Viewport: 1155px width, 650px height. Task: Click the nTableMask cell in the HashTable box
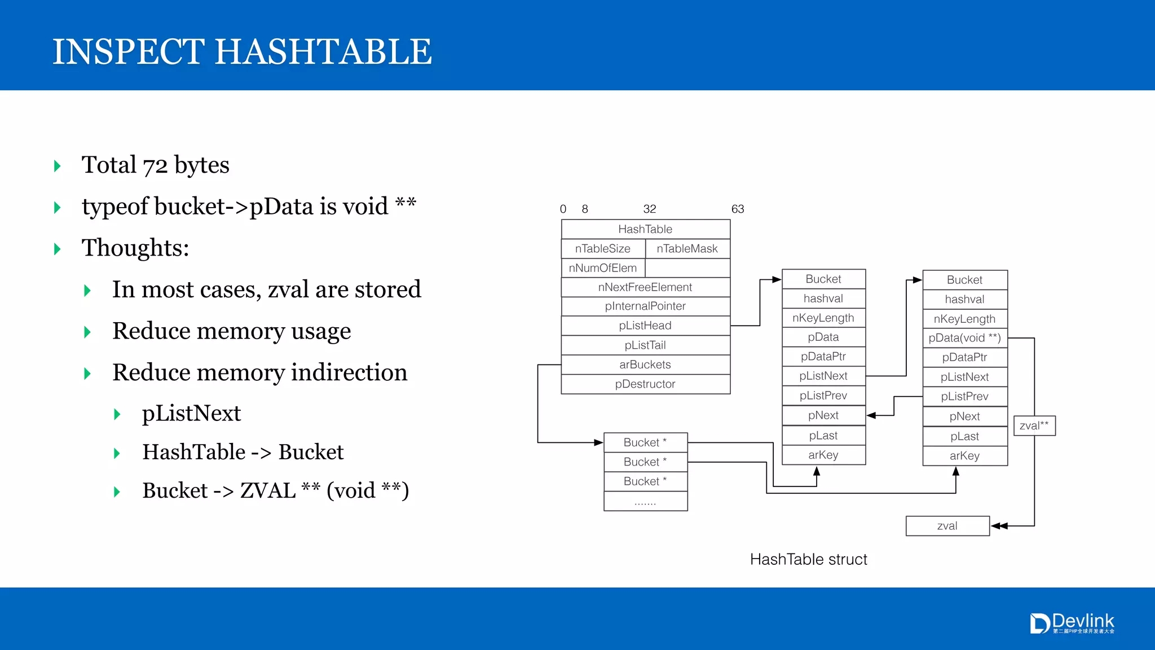(687, 249)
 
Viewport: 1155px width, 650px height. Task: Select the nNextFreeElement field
(645, 287)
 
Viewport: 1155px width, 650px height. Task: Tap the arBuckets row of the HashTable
(645, 364)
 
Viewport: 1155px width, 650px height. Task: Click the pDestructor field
(645, 384)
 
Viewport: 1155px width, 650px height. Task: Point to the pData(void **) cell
(964, 338)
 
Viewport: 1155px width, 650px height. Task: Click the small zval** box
(1034, 426)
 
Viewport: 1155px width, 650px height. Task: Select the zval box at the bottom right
(947, 526)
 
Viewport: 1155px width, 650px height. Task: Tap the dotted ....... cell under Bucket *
(645, 502)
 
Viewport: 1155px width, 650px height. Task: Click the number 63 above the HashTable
(738, 209)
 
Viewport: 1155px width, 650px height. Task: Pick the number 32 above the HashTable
(650, 209)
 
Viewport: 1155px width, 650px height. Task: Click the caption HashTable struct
(808, 559)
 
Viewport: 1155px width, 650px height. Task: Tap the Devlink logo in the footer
(1072, 623)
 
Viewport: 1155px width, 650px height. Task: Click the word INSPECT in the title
(129, 52)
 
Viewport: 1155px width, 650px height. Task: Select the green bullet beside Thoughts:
(57, 249)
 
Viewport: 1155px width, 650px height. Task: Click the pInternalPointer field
(645, 306)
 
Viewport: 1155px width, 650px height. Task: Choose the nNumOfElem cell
(602, 268)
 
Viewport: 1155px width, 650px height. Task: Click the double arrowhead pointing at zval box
(999, 526)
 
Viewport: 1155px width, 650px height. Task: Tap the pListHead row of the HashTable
(645, 326)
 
